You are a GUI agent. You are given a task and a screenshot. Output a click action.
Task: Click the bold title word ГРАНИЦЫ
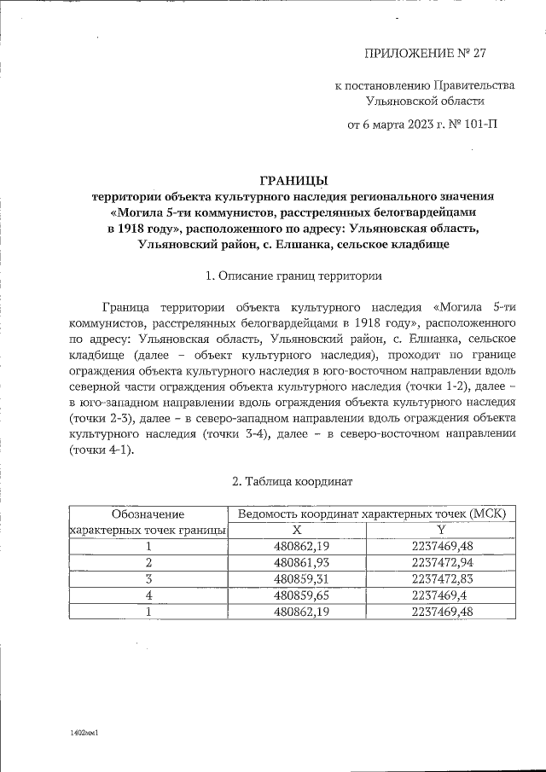(293, 180)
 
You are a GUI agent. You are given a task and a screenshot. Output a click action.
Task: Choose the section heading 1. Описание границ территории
(293, 276)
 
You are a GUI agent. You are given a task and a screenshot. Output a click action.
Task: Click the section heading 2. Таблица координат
(293, 482)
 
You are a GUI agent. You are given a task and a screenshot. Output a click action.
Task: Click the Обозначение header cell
(148, 514)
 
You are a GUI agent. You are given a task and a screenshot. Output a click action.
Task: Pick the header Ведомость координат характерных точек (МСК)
(371, 514)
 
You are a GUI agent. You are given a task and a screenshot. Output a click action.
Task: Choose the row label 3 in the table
(148, 578)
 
